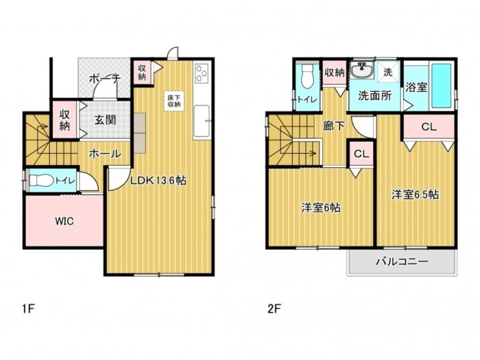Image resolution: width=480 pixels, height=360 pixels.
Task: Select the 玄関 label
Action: point(105,120)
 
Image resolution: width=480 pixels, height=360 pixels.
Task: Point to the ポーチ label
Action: point(105,80)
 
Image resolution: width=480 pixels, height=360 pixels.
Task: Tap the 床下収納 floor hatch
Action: point(173,101)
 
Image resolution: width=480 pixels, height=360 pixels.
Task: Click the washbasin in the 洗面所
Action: point(360,71)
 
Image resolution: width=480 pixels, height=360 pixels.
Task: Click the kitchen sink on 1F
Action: point(202,121)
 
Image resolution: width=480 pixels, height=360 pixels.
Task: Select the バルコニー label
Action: point(402,261)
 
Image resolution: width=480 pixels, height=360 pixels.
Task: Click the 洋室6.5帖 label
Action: point(415,194)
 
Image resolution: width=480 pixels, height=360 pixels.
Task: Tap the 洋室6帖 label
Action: point(319,206)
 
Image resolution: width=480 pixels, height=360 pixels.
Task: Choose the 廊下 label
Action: point(333,126)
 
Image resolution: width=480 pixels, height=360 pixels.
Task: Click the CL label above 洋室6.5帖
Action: point(429,127)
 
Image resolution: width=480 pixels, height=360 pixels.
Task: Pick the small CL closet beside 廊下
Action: point(361,154)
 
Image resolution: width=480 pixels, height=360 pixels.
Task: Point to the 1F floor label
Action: point(27,308)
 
